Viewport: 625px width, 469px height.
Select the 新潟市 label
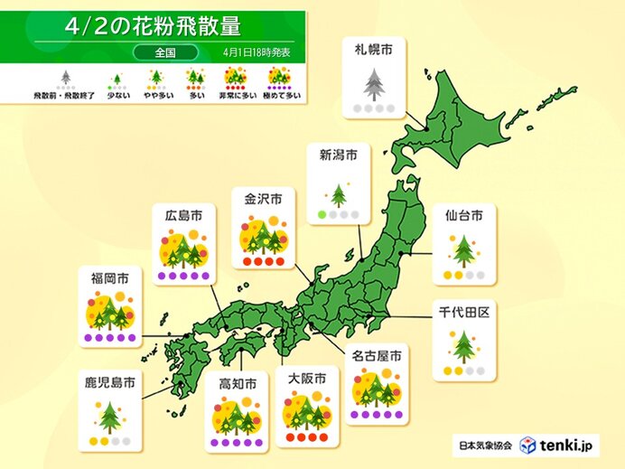pos(338,155)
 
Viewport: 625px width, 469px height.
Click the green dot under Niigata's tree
pos(320,215)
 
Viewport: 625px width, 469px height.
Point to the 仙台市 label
pos(463,216)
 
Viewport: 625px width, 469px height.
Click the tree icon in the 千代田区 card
pos(463,343)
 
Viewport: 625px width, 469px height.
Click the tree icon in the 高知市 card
pos(238,417)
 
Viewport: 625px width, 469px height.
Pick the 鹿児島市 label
pos(109,383)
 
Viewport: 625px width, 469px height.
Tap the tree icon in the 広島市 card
pos(183,248)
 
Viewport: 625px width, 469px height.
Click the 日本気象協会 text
pos(484,446)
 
